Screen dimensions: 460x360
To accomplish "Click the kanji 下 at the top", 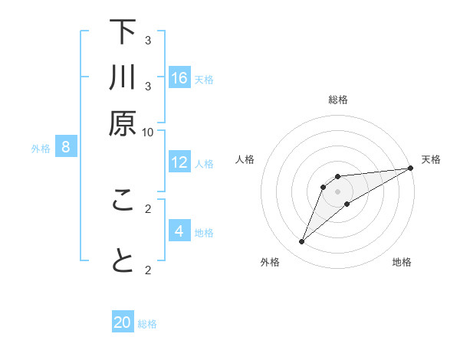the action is click(123, 32).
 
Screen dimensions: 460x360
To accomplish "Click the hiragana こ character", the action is click(123, 201).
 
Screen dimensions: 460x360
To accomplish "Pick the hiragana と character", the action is click(123, 261).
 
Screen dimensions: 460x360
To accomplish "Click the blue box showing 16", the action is click(179, 78).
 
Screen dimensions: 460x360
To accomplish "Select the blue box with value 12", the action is click(179, 162).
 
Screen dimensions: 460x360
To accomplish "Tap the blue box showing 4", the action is click(179, 231).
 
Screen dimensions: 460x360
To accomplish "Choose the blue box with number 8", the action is click(66, 148).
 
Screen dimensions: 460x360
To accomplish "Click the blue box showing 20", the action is click(123, 322).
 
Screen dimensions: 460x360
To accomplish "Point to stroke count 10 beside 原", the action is click(147, 132).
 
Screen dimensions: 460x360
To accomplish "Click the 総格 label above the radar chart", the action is click(338, 100).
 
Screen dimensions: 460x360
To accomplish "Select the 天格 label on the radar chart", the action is click(431, 159).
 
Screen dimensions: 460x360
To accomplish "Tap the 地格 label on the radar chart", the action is click(402, 262).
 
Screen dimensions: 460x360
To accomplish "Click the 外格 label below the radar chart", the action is click(270, 262).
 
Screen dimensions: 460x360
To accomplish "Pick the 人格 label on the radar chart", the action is click(245, 159).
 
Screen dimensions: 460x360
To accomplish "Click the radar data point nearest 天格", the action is click(410, 168).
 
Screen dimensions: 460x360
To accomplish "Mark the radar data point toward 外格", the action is click(302, 242).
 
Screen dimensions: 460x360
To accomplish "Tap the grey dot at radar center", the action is click(338, 191).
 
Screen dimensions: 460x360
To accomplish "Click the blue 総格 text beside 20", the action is click(147, 324).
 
